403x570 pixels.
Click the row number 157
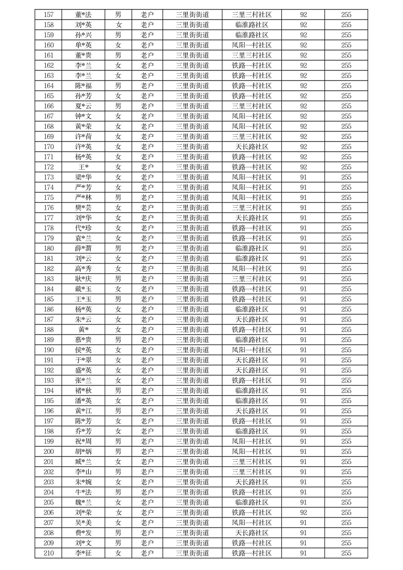point(49,15)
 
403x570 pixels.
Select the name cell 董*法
point(83,15)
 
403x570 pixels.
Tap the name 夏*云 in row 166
point(83,106)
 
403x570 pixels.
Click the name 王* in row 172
point(83,167)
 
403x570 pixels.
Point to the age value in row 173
point(303,177)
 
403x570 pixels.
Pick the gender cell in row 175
point(118,198)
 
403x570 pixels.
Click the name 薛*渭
point(83,248)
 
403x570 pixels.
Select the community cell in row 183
point(252,279)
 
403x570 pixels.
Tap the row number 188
point(49,330)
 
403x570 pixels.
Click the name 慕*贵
point(83,340)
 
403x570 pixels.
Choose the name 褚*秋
point(83,391)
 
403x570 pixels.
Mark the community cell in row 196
point(252,411)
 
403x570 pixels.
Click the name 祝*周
point(83,441)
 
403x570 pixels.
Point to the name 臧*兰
point(83,462)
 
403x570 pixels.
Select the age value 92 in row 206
point(303,513)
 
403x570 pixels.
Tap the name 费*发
point(83,533)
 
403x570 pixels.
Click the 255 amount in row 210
point(346,553)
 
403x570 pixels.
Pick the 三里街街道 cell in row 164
point(192,86)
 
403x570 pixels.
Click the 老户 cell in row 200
point(147,452)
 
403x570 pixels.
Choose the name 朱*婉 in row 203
point(83,482)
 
